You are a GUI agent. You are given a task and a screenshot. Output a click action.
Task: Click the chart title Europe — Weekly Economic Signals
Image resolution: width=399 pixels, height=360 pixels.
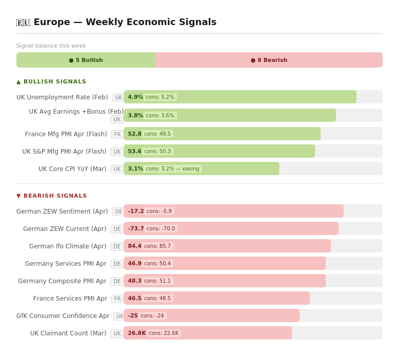pyautogui.click(x=125, y=22)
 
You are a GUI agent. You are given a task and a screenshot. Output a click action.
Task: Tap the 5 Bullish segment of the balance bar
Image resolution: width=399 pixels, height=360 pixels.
pyautogui.click(x=86, y=60)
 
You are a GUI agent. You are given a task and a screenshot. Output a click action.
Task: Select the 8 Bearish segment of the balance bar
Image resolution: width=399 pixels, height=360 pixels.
pyautogui.click(x=269, y=60)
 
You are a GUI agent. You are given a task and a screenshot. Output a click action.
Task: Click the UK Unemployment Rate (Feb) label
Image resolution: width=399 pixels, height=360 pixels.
pyautogui.click(x=62, y=97)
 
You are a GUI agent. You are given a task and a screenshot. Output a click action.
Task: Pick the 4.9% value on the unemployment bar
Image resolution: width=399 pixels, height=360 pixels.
pyautogui.click(x=136, y=97)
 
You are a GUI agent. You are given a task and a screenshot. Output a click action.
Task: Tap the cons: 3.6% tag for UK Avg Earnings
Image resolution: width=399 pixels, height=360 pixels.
pyautogui.click(x=160, y=115)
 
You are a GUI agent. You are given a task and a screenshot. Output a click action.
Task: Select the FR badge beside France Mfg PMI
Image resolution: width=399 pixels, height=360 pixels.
pyautogui.click(x=117, y=134)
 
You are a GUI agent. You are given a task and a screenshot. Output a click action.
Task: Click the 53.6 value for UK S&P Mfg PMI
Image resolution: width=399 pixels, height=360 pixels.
pyautogui.click(x=135, y=151)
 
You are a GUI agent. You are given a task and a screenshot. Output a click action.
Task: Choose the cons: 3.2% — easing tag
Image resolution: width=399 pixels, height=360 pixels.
pyautogui.click(x=172, y=168)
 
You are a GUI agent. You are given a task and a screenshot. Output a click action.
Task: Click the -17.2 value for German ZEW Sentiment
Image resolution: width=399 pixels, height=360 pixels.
pyautogui.click(x=136, y=211)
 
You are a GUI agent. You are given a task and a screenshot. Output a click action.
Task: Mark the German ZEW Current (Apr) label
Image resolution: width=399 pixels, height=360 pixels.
pyautogui.click(x=64, y=229)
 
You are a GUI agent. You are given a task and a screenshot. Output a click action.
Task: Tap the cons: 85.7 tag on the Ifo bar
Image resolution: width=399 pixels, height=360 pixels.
pyautogui.click(x=158, y=246)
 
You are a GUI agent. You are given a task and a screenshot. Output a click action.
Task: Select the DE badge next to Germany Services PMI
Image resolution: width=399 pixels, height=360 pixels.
pyautogui.click(x=117, y=264)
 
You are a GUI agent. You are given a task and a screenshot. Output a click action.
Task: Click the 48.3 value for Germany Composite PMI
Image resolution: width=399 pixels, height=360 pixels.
pyautogui.click(x=135, y=281)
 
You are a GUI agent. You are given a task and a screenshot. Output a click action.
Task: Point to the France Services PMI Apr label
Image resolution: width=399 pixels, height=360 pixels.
pyautogui.click(x=70, y=299)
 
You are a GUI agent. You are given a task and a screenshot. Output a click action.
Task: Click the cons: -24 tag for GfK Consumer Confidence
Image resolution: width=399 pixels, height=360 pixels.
pyautogui.click(x=152, y=315)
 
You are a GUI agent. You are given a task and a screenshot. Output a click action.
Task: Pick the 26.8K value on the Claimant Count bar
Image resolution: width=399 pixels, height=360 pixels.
pyautogui.click(x=137, y=333)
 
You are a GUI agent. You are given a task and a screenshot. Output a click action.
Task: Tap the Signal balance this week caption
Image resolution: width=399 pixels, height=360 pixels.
pyautogui.click(x=51, y=46)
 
